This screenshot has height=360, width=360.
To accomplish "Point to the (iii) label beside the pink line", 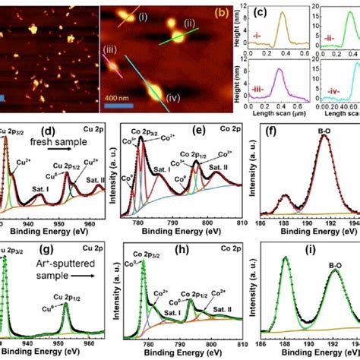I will [x=112, y=52].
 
